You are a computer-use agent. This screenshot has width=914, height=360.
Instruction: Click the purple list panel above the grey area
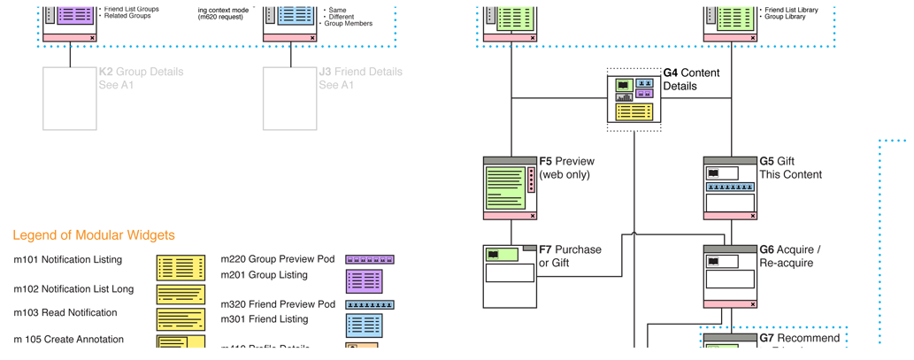[x=75, y=15]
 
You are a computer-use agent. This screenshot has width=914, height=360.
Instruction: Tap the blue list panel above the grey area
[x=295, y=15]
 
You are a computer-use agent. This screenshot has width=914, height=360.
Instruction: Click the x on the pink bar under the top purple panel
[x=93, y=38]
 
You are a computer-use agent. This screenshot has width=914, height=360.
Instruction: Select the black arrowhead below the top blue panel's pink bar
[x=289, y=58]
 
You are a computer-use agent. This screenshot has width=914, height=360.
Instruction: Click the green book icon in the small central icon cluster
[x=624, y=84]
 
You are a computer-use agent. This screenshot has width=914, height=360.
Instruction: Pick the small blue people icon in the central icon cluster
[x=645, y=84]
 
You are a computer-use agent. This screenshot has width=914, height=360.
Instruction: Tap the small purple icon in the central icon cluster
[x=645, y=94]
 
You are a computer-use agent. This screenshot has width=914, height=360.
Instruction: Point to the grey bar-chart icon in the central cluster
[x=624, y=96]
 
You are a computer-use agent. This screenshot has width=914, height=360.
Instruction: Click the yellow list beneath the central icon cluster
[x=634, y=111]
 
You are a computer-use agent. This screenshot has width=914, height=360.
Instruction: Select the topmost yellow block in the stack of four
[x=180, y=267]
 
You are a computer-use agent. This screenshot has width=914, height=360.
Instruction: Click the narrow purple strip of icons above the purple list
[x=369, y=259]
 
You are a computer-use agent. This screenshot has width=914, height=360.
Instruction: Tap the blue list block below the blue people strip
[x=364, y=325]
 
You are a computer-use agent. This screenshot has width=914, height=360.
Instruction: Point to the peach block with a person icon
[x=362, y=347]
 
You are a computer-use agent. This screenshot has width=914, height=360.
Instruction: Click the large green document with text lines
[x=505, y=188]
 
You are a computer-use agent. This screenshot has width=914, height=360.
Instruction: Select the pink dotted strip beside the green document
[x=531, y=180]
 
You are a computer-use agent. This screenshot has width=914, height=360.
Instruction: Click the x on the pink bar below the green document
[x=532, y=215]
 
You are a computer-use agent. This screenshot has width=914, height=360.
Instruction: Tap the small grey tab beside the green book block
[x=529, y=248]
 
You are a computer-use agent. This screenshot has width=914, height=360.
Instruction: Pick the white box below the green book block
[x=510, y=272]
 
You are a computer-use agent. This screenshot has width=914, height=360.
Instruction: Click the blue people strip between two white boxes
[x=730, y=188]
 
